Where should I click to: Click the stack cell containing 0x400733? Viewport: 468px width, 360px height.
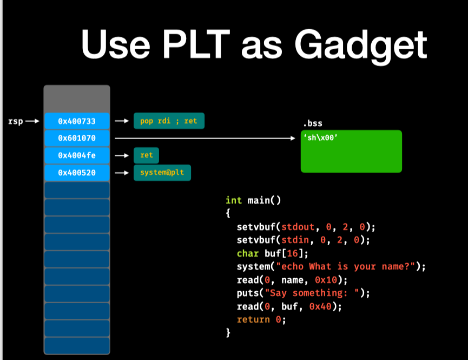76,121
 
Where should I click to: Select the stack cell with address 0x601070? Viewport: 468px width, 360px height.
76,139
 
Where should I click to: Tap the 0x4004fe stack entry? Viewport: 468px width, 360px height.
76,156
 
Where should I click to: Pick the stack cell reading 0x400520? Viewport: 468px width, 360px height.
76,173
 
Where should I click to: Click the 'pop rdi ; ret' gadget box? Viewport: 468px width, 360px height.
169,121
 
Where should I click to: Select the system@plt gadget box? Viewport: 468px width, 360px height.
161,173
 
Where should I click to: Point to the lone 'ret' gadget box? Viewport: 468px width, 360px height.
147,156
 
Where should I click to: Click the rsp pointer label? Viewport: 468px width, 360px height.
16,121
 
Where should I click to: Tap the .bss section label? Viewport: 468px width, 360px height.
313,123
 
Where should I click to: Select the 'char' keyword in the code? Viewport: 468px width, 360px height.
247,253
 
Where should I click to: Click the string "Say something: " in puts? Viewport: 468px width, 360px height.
309,293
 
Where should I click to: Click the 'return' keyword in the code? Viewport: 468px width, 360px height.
253,319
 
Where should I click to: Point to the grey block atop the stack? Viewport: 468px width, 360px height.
76,99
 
